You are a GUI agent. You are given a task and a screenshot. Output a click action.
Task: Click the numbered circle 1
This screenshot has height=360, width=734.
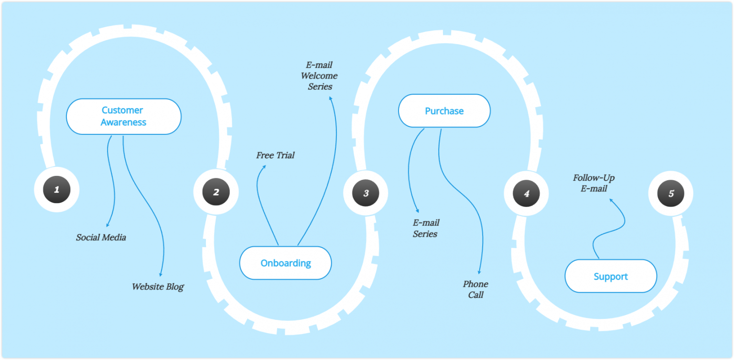coord(57,189)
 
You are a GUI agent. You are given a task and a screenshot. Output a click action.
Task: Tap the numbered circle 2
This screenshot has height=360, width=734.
coord(216,192)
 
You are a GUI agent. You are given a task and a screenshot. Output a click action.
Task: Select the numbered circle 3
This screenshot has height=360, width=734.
coord(366,193)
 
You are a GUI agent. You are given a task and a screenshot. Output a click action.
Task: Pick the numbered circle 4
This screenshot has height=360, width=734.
coord(526,194)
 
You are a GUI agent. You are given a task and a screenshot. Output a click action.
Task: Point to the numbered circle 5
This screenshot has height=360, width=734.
coord(671,193)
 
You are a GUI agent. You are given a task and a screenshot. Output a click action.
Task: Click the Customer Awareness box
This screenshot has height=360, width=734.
coord(124,116)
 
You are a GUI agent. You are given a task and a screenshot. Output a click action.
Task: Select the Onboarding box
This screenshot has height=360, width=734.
coord(285,263)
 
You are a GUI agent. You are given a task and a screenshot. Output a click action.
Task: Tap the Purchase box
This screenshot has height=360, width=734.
coord(444,111)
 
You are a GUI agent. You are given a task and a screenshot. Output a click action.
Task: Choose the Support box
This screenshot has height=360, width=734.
coord(611,276)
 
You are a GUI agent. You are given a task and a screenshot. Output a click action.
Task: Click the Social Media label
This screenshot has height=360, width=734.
coord(101,238)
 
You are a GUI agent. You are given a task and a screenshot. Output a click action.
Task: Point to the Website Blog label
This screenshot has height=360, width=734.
coord(158,287)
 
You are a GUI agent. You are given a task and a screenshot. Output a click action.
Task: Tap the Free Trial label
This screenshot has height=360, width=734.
coord(275,155)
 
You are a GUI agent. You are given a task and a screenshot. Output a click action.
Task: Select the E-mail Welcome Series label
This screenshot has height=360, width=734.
coord(319,76)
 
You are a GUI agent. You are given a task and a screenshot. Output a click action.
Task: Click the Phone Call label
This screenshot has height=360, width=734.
coord(475,289)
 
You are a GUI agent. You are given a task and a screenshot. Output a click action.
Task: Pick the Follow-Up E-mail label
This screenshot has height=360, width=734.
coord(594,183)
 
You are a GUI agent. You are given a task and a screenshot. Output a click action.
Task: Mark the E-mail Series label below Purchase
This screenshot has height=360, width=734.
coord(426,228)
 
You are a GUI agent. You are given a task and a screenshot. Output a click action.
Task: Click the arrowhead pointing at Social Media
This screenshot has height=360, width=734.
coord(108,225)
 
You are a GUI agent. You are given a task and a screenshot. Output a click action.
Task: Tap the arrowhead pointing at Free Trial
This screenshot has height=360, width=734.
coord(264,167)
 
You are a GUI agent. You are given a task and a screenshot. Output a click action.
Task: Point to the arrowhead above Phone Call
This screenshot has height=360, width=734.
coord(479,272)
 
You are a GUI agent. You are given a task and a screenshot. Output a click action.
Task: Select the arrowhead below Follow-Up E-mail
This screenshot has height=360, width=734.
coord(611,200)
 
